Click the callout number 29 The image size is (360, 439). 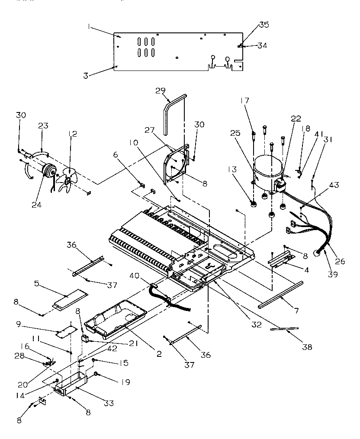coord(160,90)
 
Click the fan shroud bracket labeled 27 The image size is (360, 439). coord(177,164)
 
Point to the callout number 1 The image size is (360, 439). coord(88,26)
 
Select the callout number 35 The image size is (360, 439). coord(264,25)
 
